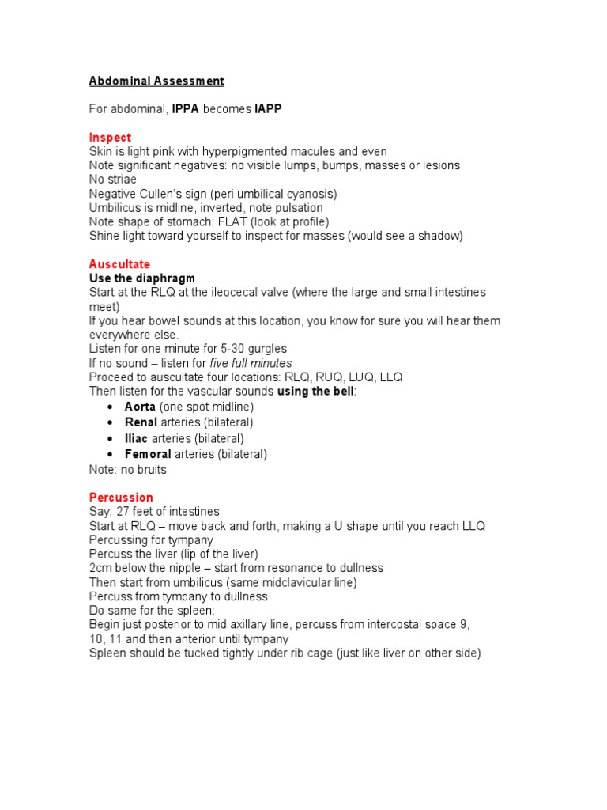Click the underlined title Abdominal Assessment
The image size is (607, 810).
pos(156,81)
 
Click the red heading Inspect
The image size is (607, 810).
pos(110,137)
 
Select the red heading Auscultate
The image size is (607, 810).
pos(119,263)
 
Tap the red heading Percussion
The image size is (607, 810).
pos(121,497)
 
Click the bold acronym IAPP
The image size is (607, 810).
pos(268,108)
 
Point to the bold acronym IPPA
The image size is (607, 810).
pos(186,108)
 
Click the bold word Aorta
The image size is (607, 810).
pos(140,407)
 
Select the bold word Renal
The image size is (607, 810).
pos(141,422)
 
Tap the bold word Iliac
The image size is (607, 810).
pos(138,438)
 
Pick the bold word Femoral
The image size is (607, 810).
pos(148,454)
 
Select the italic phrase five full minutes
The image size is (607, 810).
pos(251,363)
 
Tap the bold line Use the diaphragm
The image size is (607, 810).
pos(142,278)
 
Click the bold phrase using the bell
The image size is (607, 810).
pos(315,392)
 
